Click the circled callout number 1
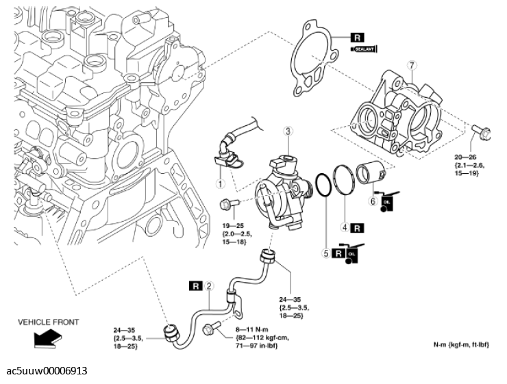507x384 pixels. point(219,183)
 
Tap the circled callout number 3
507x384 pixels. point(288,131)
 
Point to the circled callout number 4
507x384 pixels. point(345,226)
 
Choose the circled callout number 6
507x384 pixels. point(373,201)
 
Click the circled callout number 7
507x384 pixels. point(411,65)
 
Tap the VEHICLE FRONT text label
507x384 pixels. point(48,322)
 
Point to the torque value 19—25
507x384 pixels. point(235,225)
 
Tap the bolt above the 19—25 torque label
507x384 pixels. point(230,203)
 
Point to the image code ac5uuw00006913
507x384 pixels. point(47,371)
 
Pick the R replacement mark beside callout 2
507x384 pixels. point(197,285)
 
